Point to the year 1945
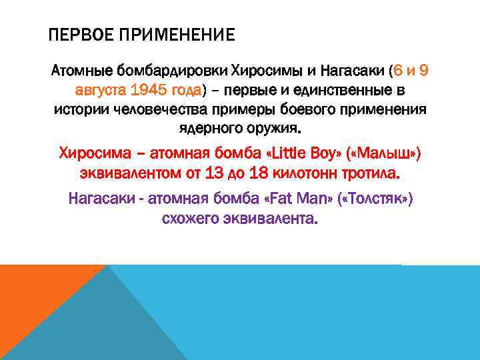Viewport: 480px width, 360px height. pos(153,89)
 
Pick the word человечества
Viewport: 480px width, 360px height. pos(161,109)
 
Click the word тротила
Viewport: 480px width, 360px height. pos(370,173)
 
